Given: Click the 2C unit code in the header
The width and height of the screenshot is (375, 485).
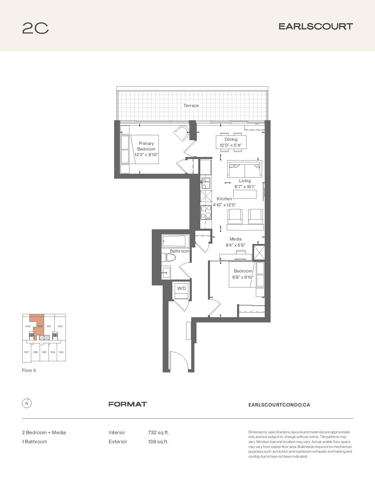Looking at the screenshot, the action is (x=35, y=28).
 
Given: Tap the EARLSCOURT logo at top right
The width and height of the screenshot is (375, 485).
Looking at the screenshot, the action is (x=316, y=26).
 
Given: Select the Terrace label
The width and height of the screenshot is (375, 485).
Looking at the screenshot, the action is (x=191, y=106).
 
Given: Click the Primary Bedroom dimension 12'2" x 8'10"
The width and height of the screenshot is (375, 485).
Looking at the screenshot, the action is (x=146, y=154).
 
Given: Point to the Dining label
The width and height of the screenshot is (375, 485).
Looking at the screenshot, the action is (x=231, y=139).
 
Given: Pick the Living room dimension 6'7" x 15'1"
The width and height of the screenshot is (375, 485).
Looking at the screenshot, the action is (x=245, y=187).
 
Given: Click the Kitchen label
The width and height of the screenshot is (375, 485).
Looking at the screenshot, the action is (x=224, y=199).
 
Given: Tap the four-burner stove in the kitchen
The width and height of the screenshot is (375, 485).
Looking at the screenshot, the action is (x=206, y=212).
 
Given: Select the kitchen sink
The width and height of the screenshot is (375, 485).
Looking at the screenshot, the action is (x=206, y=183).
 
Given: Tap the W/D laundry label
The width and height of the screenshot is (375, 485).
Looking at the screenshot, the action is (x=181, y=288).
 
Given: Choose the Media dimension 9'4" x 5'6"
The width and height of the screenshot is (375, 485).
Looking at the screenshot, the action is (x=235, y=245).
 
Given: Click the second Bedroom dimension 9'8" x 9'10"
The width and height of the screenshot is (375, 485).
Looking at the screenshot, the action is (x=243, y=277).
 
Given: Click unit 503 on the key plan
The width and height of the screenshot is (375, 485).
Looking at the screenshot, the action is (x=61, y=352).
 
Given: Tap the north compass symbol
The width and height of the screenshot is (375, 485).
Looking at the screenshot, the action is (x=27, y=403).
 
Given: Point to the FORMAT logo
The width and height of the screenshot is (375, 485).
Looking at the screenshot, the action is (x=128, y=404).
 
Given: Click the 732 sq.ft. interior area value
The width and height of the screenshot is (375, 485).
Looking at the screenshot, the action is (x=158, y=433).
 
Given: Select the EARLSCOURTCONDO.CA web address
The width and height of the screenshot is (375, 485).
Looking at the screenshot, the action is (x=279, y=405).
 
